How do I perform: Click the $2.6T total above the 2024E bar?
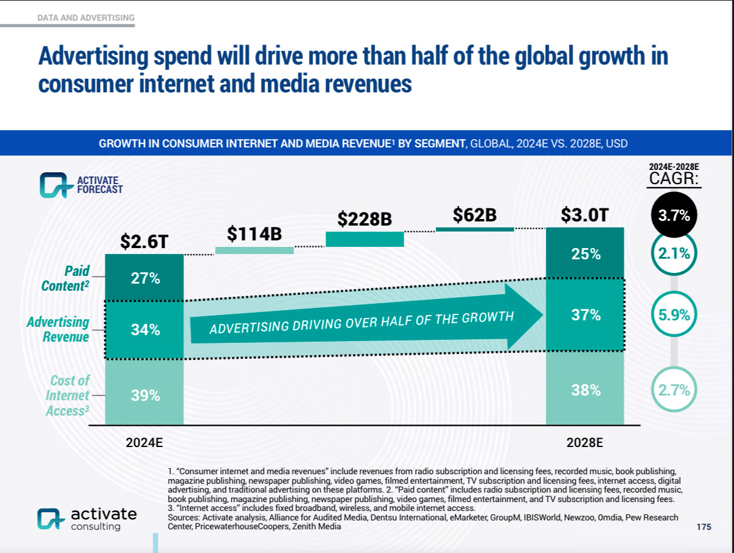(145, 241)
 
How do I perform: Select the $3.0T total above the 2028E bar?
(584, 215)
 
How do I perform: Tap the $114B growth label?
(254, 234)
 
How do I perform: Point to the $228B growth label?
(365, 219)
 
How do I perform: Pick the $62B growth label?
(474, 216)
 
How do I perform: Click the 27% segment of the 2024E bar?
(145, 278)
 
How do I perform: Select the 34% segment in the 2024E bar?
(145, 330)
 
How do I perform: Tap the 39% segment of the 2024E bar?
(145, 395)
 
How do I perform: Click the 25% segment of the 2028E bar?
(585, 254)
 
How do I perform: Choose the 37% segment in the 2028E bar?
(585, 315)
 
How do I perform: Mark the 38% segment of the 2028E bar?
(585, 390)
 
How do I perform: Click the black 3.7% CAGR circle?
(674, 216)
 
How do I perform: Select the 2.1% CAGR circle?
(674, 254)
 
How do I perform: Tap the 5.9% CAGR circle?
(674, 315)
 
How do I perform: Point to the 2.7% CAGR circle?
(674, 390)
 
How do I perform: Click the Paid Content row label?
(66, 278)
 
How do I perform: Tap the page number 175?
(704, 527)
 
